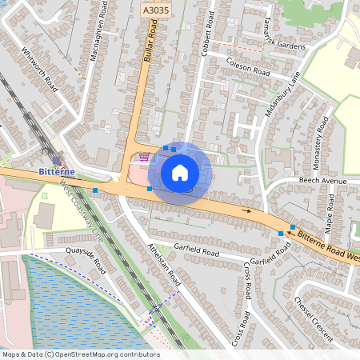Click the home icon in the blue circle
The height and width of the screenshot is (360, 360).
click(180, 173)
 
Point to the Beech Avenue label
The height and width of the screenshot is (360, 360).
click(322, 182)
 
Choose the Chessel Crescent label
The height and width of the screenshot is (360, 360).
click(312, 320)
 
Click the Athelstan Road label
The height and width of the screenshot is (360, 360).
click(166, 265)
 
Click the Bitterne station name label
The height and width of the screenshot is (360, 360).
click(57, 172)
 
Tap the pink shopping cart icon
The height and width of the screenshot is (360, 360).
click(144, 156)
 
